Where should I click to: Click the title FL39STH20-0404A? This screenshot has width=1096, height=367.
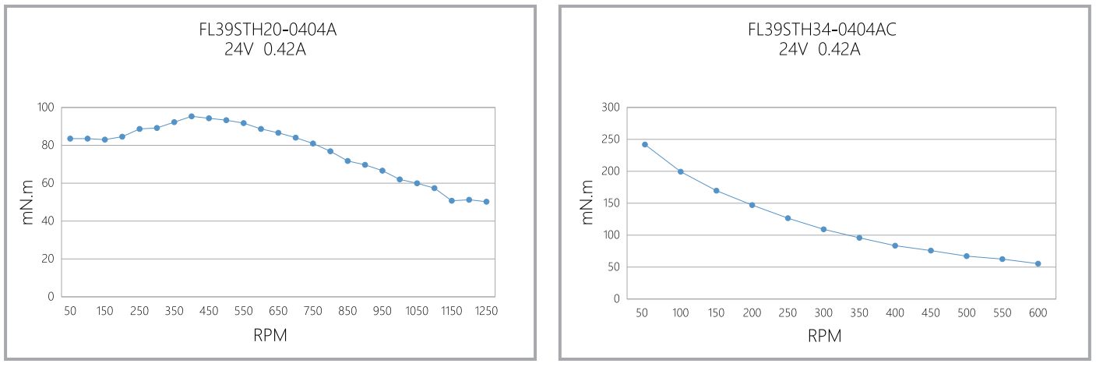click(x=268, y=30)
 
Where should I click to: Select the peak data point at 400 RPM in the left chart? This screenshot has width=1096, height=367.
click(x=192, y=116)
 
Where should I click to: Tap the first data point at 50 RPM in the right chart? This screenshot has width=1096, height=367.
click(x=645, y=144)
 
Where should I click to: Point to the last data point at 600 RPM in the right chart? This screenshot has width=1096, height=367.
click(x=1038, y=263)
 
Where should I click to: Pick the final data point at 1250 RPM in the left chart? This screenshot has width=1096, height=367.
click(x=486, y=202)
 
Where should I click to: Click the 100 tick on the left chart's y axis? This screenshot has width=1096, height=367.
click(x=45, y=108)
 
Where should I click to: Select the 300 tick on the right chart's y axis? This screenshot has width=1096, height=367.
click(x=610, y=108)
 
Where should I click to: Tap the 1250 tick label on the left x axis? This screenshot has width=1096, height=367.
click(x=486, y=311)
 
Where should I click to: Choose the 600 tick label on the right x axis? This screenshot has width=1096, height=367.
click(x=1038, y=312)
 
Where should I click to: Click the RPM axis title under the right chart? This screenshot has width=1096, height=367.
click(x=825, y=336)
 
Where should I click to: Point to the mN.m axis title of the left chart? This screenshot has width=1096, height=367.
click(x=28, y=202)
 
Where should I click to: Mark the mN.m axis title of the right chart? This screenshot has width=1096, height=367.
click(x=589, y=202)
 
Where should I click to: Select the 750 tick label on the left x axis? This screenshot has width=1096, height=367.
click(x=312, y=311)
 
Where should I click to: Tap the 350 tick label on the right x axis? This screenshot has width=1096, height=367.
click(x=859, y=312)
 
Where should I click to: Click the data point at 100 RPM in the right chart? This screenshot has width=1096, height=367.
click(x=681, y=171)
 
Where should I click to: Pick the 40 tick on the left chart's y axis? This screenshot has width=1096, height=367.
click(x=48, y=221)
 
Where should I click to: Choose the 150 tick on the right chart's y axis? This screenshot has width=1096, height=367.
click(x=610, y=203)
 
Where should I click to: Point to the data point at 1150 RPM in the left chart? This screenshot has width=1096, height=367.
click(x=452, y=201)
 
